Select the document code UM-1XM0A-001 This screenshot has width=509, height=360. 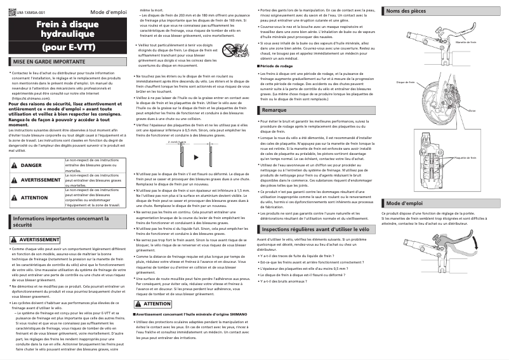tap(30, 12)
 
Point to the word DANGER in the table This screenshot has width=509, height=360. tap(31, 165)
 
